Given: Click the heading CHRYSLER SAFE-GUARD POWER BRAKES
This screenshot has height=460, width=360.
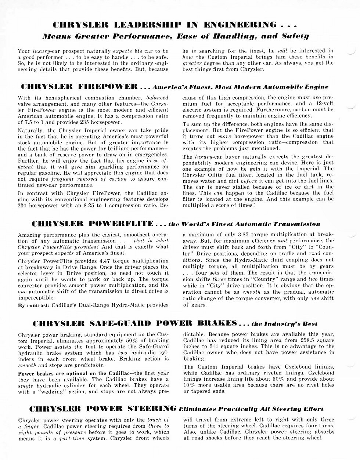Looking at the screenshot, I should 134,323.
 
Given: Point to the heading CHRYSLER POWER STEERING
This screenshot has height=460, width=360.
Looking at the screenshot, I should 102,409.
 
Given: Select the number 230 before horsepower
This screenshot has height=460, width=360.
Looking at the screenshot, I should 24,205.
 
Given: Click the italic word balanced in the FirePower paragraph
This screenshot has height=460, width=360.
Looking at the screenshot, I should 157,98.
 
